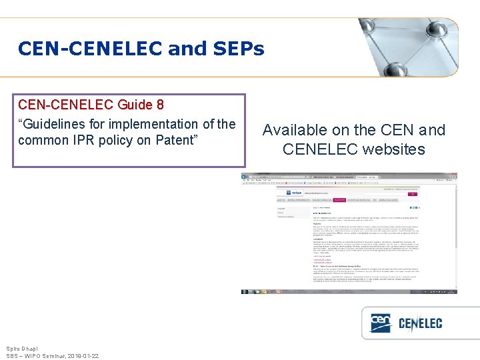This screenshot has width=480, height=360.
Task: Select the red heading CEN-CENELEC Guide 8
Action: point(91,105)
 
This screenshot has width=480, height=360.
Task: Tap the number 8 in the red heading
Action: point(159,105)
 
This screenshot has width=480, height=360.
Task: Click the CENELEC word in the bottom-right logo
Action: point(421,324)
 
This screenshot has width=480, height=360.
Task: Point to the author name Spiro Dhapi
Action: point(22,349)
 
